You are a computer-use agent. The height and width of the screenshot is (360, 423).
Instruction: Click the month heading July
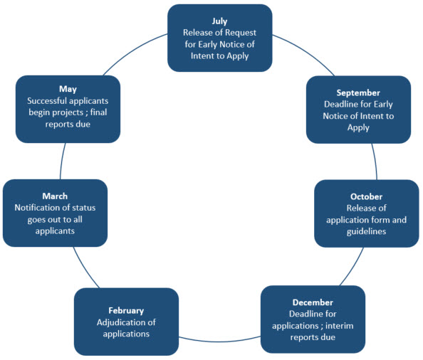[219, 21]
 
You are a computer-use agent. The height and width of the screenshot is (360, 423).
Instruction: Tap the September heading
[358, 93]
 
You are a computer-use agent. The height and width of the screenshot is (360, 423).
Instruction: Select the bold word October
[366, 196]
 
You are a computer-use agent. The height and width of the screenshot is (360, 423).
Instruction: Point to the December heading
[313, 302]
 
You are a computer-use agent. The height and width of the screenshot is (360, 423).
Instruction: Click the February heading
[126, 311]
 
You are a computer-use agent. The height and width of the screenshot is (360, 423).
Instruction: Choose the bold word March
[55, 196]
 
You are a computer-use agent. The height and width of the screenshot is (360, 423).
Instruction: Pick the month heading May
[68, 90]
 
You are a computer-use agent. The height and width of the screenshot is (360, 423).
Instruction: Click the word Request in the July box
[241, 33]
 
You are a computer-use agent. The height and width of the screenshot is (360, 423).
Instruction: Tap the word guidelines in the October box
[366, 232]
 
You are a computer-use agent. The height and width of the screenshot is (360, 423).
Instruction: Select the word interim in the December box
[340, 326]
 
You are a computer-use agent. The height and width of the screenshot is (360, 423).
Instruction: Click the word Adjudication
[119, 322]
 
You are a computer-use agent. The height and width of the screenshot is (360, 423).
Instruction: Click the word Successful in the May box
[46, 101]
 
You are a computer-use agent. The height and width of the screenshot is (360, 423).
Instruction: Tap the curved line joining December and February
[219, 341]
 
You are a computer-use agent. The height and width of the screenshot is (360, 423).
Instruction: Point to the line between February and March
[85, 268]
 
